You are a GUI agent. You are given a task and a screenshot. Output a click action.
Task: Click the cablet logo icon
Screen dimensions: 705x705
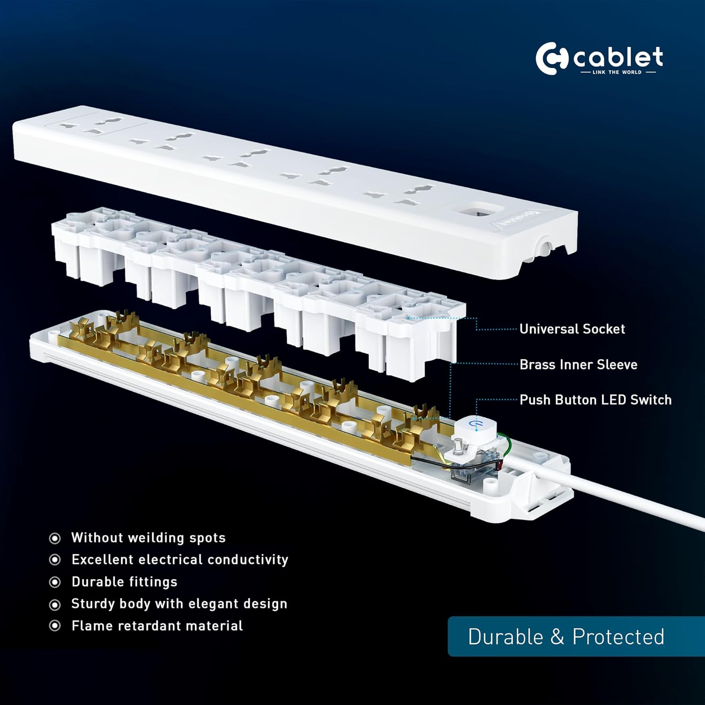(x=552, y=59)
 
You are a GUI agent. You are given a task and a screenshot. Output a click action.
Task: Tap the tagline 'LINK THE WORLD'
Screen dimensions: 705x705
(x=618, y=72)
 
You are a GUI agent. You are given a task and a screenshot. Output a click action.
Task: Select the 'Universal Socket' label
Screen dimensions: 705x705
(x=572, y=329)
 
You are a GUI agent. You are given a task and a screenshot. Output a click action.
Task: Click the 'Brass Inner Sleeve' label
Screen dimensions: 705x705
(x=578, y=364)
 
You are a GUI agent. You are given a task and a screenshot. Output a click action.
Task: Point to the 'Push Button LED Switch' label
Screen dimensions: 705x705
(x=595, y=400)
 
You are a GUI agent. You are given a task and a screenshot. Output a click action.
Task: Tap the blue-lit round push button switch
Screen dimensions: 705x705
(x=475, y=426)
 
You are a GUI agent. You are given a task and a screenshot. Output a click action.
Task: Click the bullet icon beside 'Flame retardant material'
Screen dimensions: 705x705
(x=55, y=626)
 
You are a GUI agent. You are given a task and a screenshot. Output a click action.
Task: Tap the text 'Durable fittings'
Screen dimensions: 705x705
(x=125, y=582)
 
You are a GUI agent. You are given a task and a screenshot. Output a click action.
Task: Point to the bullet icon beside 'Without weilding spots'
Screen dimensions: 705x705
(x=55, y=538)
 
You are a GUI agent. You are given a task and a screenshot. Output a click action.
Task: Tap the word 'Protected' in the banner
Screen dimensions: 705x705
(x=619, y=637)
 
